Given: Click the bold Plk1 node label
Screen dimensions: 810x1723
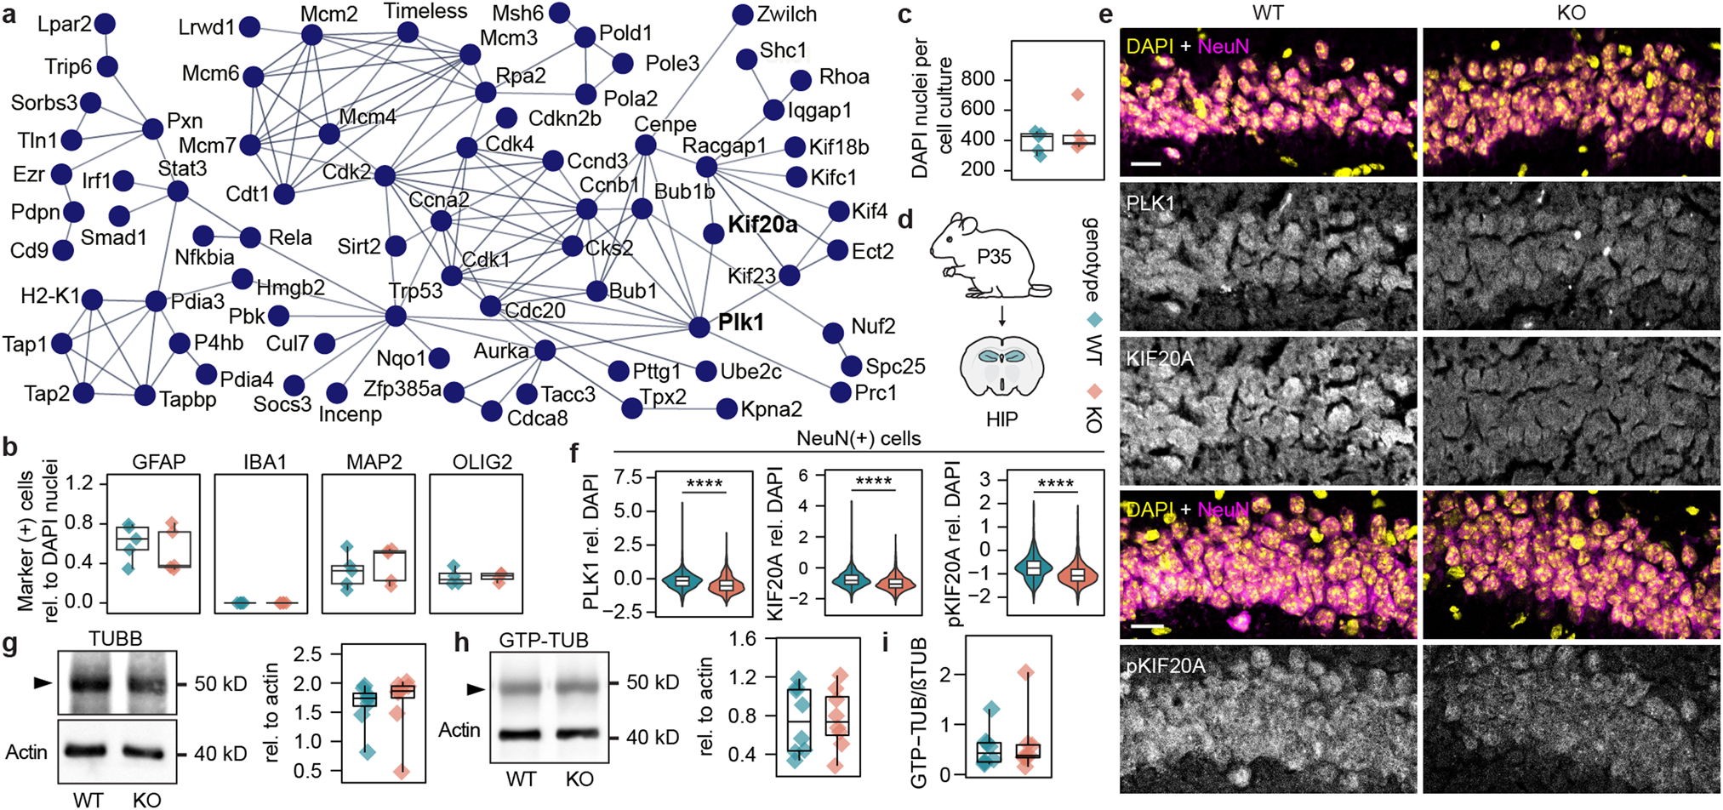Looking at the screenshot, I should [741, 322].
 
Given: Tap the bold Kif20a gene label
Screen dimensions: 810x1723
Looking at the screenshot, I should [762, 225].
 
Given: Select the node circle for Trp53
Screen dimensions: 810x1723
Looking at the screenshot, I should [396, 317].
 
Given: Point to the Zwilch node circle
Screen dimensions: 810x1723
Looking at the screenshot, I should [742, 14].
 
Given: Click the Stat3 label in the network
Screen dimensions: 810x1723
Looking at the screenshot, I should [182, 168].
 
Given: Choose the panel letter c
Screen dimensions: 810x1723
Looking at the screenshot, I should [904, 14].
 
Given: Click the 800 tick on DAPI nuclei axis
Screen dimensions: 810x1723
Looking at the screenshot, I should [978, 79].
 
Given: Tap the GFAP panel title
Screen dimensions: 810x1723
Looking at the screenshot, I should [158, 462].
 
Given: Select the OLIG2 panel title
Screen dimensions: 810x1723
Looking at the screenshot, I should [482, 462].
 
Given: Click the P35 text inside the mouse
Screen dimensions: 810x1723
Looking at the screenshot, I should [994, 256].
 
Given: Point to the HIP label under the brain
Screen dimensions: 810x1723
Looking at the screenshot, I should [1001, 419].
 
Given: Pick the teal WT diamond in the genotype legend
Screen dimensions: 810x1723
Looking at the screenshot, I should [1094, 320].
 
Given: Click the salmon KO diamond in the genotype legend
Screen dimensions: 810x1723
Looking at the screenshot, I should [1094, 391].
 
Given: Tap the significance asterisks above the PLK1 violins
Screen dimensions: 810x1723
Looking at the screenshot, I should [704, 483].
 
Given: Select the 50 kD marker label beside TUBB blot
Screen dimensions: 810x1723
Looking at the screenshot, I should [220, 684].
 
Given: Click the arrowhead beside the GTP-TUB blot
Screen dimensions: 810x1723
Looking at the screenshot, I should [476, 689].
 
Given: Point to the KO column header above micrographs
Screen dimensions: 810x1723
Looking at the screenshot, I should [1571, 13].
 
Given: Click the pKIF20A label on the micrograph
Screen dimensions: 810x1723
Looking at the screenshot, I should [1165, 665].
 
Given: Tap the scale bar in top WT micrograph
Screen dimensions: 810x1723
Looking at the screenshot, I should [1146, 162].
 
